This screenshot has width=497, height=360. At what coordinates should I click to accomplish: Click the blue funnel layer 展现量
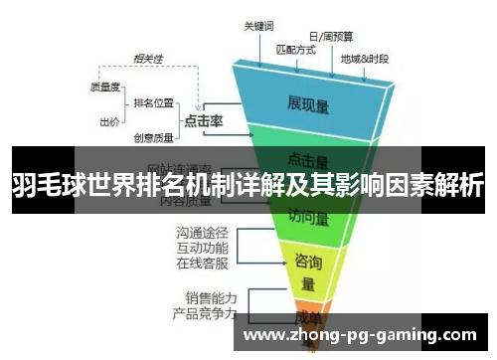pos(309,102)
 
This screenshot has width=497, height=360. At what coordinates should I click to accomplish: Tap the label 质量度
pos(106,87)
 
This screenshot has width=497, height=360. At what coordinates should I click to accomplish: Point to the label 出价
pos(109,122)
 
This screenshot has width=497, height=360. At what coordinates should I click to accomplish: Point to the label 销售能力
pos(211,296)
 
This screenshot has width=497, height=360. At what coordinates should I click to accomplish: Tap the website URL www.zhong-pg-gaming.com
pos(359,335)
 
